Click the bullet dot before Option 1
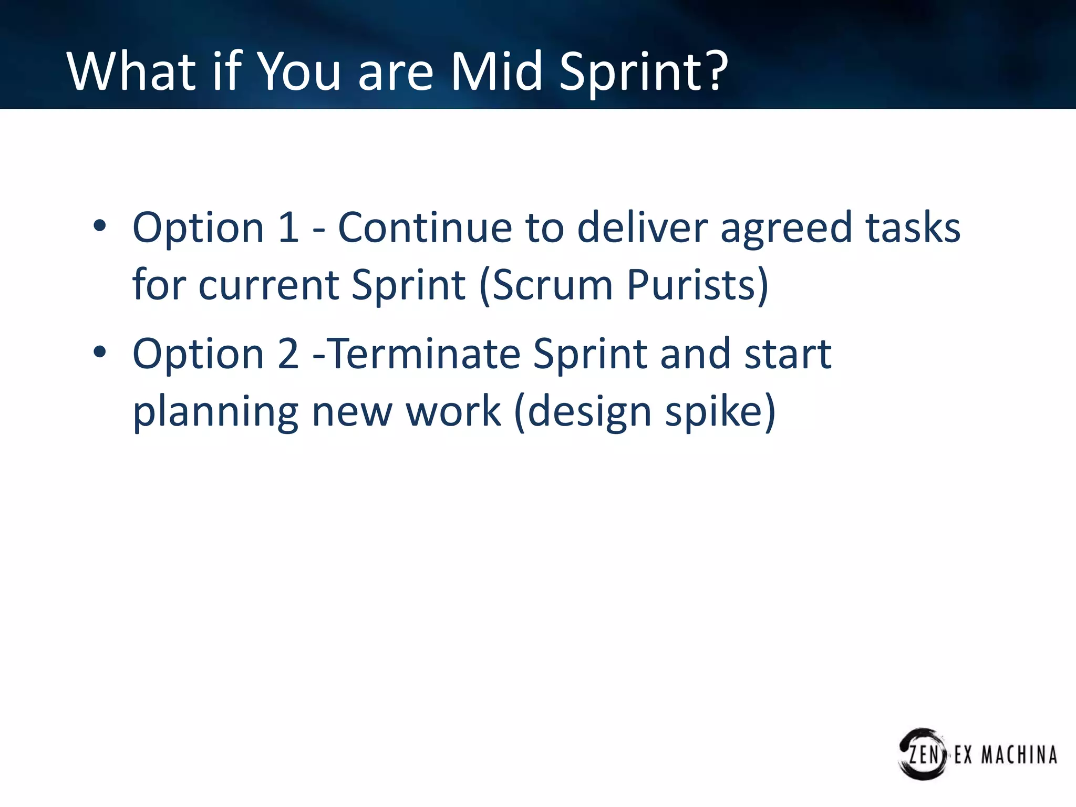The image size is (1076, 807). (x=99, y=226)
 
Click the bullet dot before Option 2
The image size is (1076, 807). (x=99, y=352)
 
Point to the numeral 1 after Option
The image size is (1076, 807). (x=288, y=227)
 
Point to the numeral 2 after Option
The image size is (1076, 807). (x=288, y=354)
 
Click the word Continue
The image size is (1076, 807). (x=425, y=227)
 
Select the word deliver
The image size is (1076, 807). (x=642, y=227)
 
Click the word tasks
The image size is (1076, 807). (x=913, y=227)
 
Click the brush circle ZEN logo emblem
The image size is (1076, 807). (x=923, y=754)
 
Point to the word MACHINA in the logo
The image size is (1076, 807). (x=1019, y=755)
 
